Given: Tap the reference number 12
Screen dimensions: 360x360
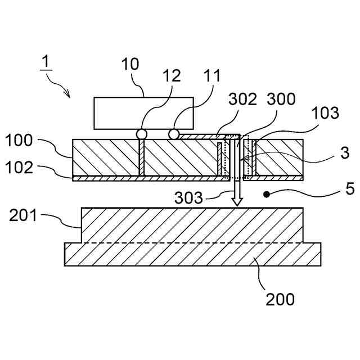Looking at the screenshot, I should [173, 76].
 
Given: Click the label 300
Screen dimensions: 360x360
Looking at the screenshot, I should [281, 100].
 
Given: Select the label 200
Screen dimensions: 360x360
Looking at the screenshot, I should [280, 299].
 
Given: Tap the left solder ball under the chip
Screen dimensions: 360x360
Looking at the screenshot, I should [141, 134].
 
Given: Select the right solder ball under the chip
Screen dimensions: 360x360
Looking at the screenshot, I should [174, 134].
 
